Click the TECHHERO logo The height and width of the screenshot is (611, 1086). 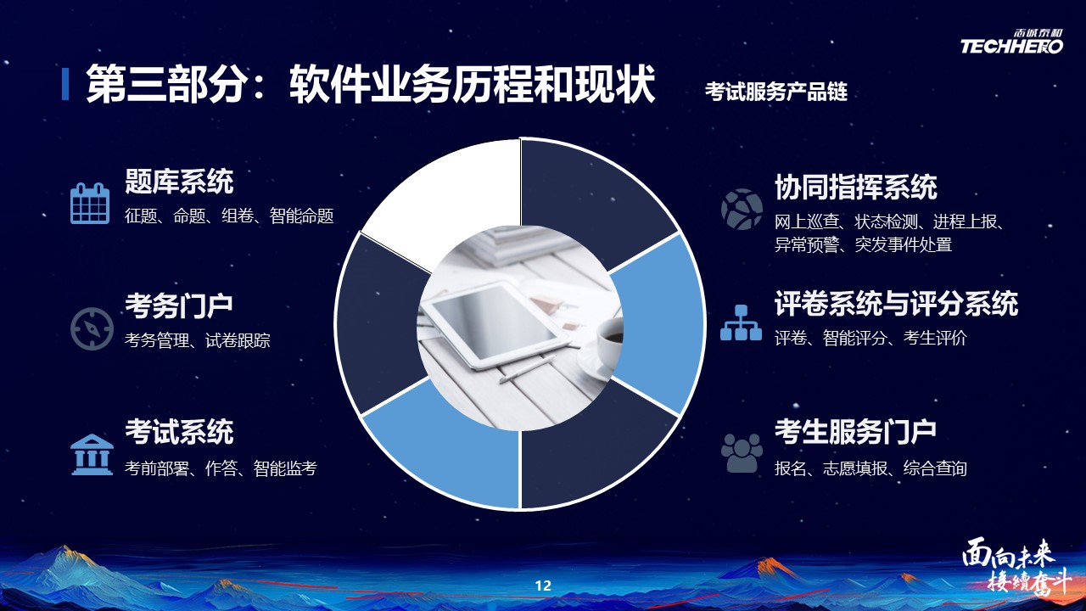(x=1012, y=42)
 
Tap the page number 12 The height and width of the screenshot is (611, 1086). (x=543, y=586)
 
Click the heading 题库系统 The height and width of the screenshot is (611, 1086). (x=179, y=182)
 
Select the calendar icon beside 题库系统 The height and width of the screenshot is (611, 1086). (x=90, y=203)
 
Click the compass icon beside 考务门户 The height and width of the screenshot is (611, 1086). (x=92, y=328)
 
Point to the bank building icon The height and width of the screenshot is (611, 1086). (x=92, y=454)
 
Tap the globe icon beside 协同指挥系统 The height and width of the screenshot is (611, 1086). (x=742, y=209)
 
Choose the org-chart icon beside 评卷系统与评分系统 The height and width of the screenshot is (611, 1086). (x=741, y=322)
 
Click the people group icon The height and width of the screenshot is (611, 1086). (x=742, y=453)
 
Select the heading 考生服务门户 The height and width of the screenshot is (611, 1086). (x=855, y=432)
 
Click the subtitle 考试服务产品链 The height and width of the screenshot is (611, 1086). (x=775, y=92)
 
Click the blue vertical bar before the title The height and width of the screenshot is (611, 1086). (x=65, y=84)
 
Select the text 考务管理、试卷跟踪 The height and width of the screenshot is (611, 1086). (x=198, y=340)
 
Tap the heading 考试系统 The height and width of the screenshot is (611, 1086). (x=179, y=432)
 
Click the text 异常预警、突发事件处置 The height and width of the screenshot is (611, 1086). (x=863, y=245)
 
